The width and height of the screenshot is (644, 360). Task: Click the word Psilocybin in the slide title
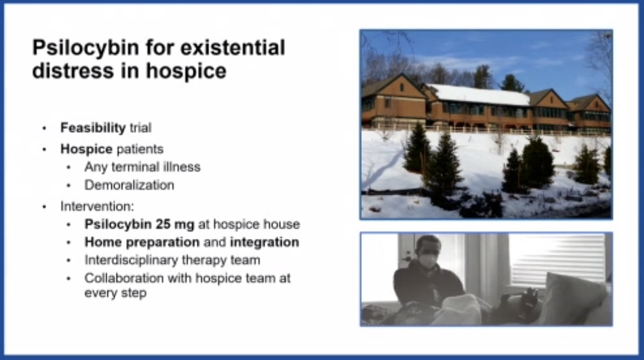click(76, 48)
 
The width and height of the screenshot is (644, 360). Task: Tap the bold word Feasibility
click(93, 128)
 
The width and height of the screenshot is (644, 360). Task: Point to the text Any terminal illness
click(142, 167)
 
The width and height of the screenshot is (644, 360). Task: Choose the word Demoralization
click(129, 185)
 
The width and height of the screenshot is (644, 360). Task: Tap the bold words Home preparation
click(142, 242)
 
